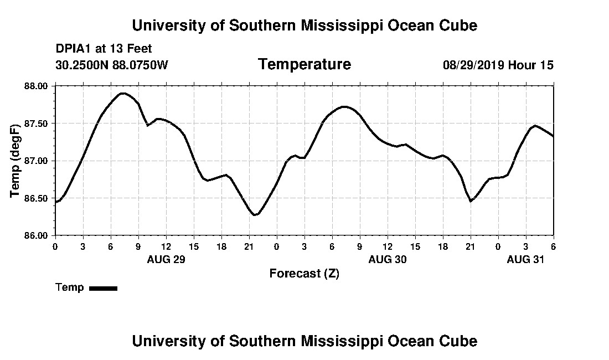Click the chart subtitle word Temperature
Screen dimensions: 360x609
pos(304,65)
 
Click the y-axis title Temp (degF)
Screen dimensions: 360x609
pos(16,161)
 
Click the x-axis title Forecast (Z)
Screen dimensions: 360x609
pos(304,273)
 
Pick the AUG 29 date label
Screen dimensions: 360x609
pos(166,259)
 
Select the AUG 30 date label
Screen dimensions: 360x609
pos(388,259)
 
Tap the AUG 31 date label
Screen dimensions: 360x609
pos(526,259)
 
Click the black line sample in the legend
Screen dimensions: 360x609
pos(103,288)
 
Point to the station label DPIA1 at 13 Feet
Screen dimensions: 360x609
pos(104,49)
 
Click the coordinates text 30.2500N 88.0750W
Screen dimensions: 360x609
pos(112,65)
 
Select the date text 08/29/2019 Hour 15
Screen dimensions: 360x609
pos(498,65)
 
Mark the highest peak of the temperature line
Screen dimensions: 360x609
pos(122,93)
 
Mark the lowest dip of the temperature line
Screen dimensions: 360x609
pos(255,215)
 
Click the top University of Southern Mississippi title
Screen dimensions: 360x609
pos(304,25)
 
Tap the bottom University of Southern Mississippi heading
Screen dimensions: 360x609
pos(304,341)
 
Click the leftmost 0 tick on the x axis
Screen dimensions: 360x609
pos(55,246)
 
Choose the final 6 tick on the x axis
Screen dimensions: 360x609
pos(554,246)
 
